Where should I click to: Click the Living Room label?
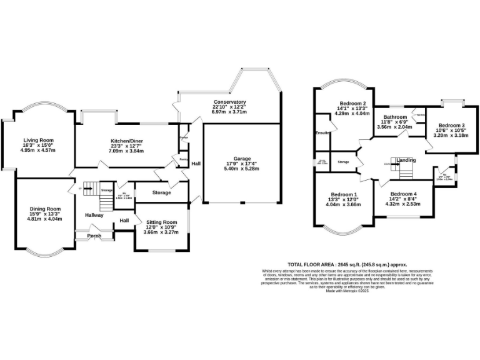(x=39, y=140)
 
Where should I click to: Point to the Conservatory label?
(x=229, y=102)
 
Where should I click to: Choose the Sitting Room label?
(x=162, y=222)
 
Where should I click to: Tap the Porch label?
(x=94, y=236)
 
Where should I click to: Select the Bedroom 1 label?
(x=344, y=194)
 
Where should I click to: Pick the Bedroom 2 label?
(x=352, y=103)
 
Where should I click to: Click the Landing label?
(x=406, y=161)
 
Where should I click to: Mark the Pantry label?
(x=184, y=159)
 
